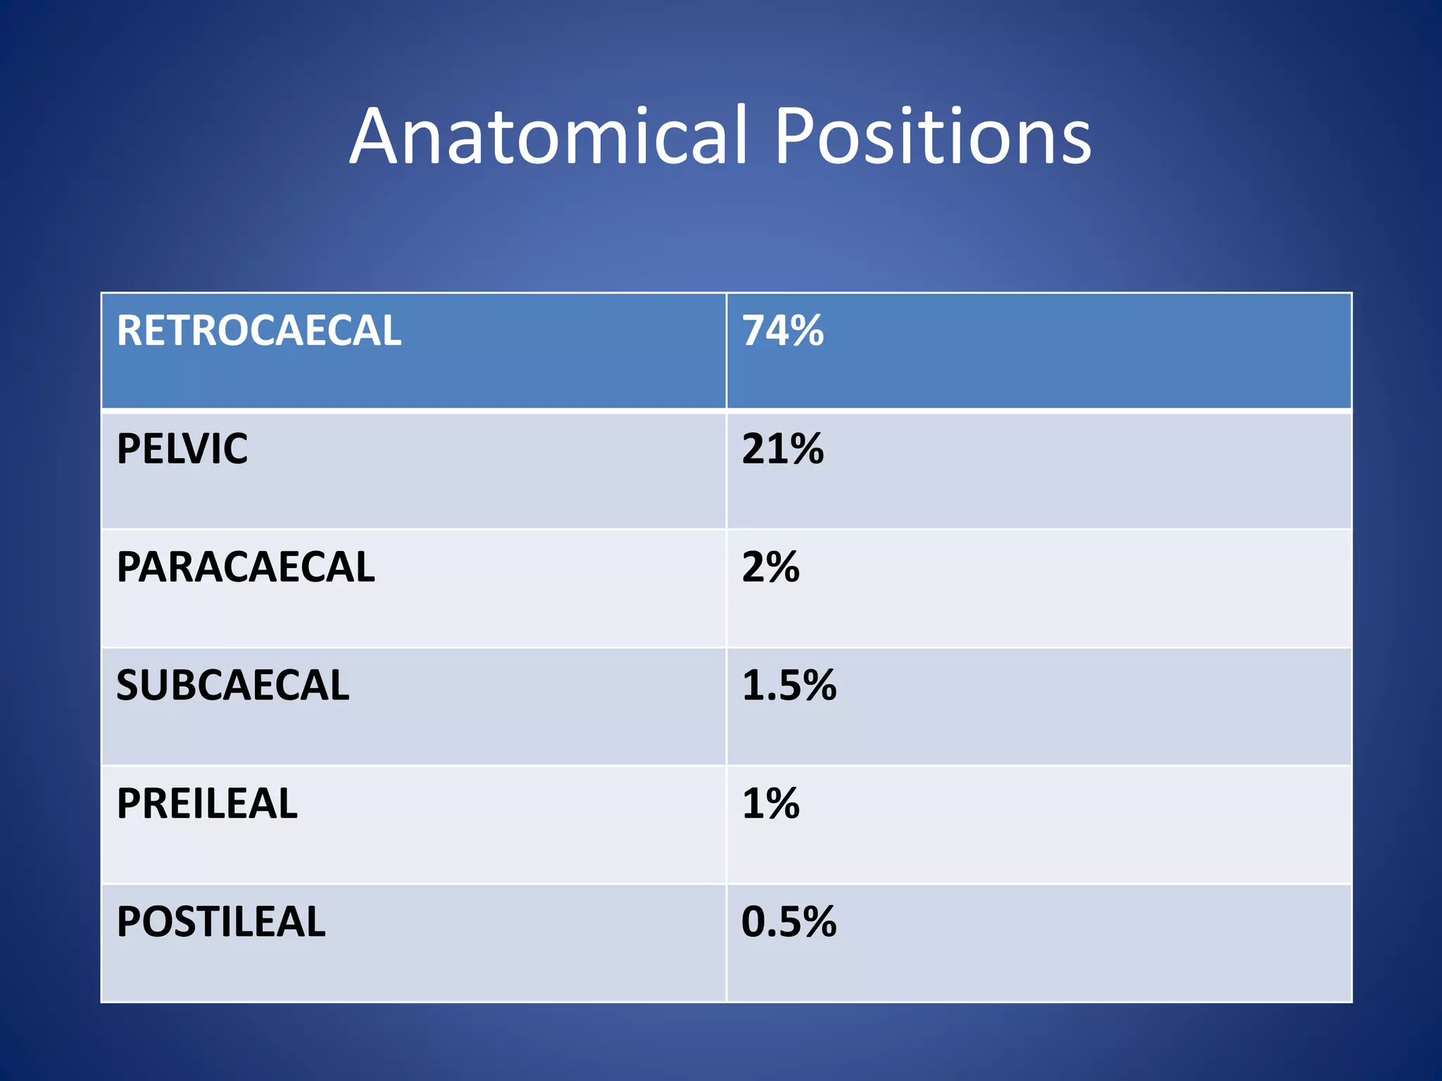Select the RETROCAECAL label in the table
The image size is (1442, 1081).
pyautogui.click(x=258, y=330)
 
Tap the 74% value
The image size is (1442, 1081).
pyautogui.click(x=782, y=330)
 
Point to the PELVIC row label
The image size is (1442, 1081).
pyautogui.click(x=182, y=448)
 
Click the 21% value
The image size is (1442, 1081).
pyautogui.click(x=782, y=448)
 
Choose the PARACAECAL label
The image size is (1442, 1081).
pyautogui.click(x=245, y=567)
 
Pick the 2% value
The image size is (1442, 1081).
pyautogui.click(x=770, y=567)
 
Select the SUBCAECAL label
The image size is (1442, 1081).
pyautogui.click(x=232, y=685)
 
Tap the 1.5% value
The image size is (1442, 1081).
pyautogui.click(x=789, y=685)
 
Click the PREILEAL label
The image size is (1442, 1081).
pyautogui.click(x=207, y=803)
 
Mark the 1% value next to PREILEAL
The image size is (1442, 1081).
pyautogui.click(x=770, y=803)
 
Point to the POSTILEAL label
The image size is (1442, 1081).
pyautogui.click(x=220, y=921)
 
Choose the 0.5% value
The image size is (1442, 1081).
pyautogui.click(x=789, y=921)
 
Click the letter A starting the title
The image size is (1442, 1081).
pyautogui.click(x=377, y=137)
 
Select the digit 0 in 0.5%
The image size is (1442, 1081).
pyautogui.click(x=756, y=922)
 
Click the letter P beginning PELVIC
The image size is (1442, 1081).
pyautogui.click(x=129, y=448)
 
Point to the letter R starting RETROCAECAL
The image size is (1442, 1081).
pyautogui.click(x=130, y=330)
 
